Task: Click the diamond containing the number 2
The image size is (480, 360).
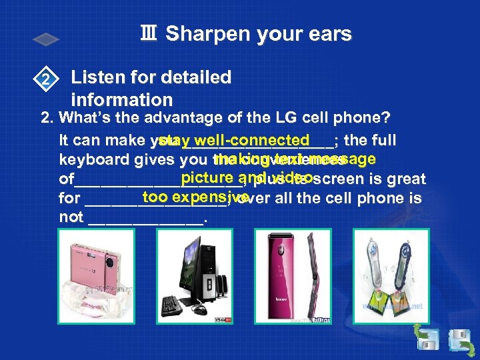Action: pyautogui.click(x=45, y=81)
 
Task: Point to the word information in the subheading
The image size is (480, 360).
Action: pyautogui.click(x=121, y=100)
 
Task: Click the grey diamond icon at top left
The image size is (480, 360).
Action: pyautogui.click(x=47, y=40)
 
